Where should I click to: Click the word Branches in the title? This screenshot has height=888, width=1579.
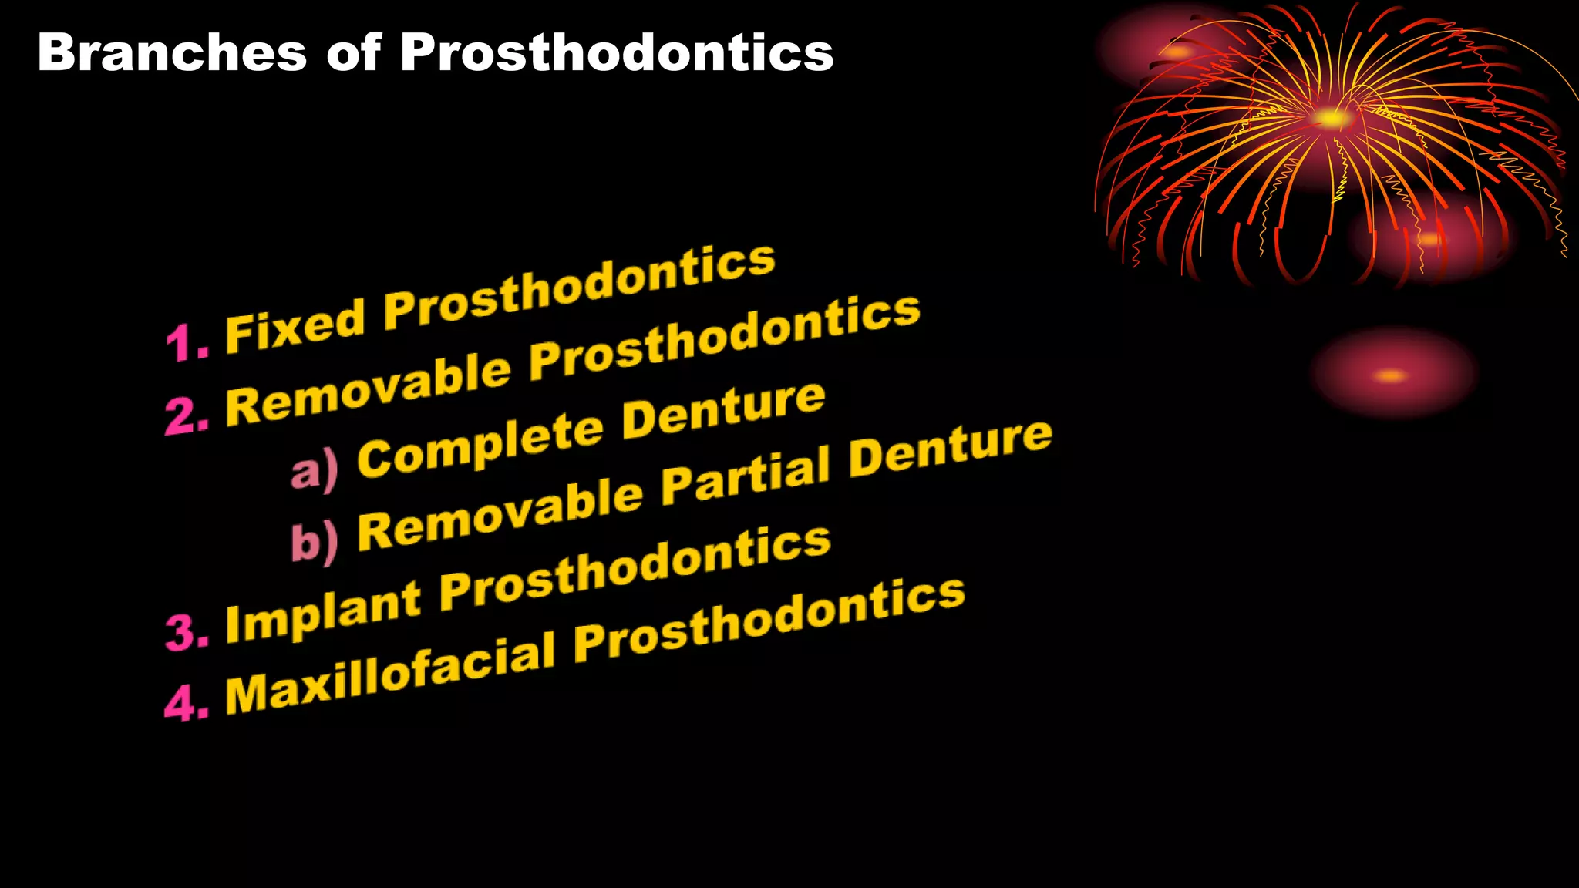pos(172,53)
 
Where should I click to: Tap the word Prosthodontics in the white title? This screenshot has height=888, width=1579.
pos(617,53)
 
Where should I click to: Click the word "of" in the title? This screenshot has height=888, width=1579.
pos(353,53)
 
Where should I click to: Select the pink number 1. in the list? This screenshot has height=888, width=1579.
pos(187,342)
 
